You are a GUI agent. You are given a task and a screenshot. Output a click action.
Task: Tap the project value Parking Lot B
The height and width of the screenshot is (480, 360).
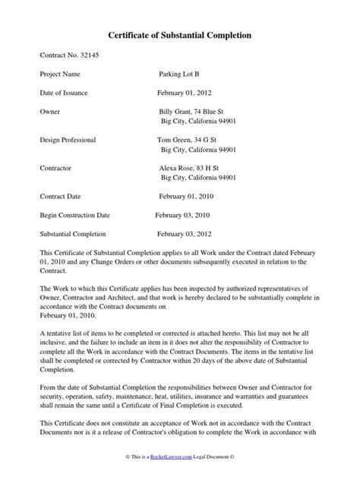(x=180, y=75)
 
